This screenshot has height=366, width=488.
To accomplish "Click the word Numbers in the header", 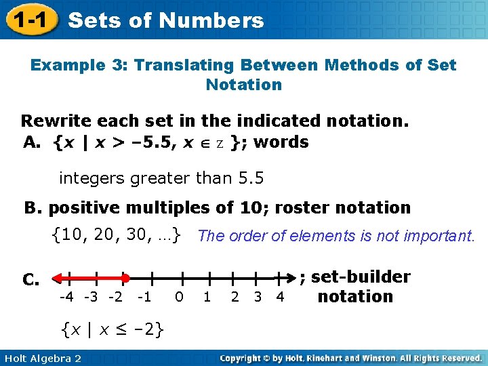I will (x=218, y=21).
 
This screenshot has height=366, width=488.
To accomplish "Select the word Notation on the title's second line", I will (x=243, y=85).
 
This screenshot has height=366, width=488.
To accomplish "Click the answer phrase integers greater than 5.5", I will (x=161, y=179).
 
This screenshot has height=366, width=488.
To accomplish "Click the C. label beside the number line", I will (x=31, y=279).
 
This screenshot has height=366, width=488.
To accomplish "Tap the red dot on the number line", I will (x=125, y=278).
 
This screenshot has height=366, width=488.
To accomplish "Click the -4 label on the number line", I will (x=66, y=297).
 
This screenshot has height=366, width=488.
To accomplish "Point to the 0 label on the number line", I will (x=179, y=297).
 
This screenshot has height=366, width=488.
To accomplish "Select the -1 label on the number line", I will (x=144, y=297).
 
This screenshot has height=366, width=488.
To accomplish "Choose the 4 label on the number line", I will (x=280, y=297).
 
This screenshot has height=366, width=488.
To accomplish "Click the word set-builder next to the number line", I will (x=361, y=277).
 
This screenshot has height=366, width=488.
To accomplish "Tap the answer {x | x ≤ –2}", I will (x=113, y=330).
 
